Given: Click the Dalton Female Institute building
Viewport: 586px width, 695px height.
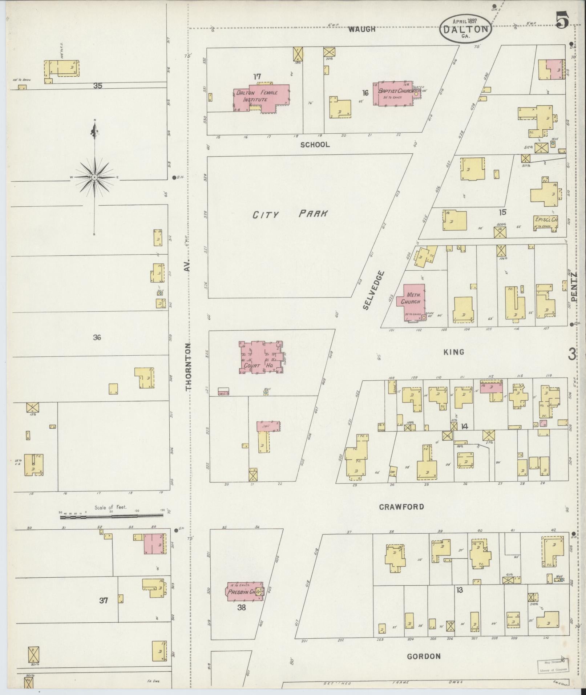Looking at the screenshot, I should tap(262, 97).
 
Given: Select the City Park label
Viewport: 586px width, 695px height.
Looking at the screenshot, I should tap(290, 214).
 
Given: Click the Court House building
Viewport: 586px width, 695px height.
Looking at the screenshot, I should tap(261, 358).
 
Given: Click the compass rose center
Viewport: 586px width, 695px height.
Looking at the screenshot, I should tap(94, 177).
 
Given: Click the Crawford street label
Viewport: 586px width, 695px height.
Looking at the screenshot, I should tap(401, 507).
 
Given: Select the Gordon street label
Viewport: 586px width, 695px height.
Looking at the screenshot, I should tap(423, 656).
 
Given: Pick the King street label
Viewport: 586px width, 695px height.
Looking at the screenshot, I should tap(454, 352).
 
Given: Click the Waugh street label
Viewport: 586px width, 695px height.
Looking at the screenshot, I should tap(361, 29).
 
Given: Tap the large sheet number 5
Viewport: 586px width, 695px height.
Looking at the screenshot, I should tap(561, 20).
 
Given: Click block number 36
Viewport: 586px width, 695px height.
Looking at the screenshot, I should tap(97, 338).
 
